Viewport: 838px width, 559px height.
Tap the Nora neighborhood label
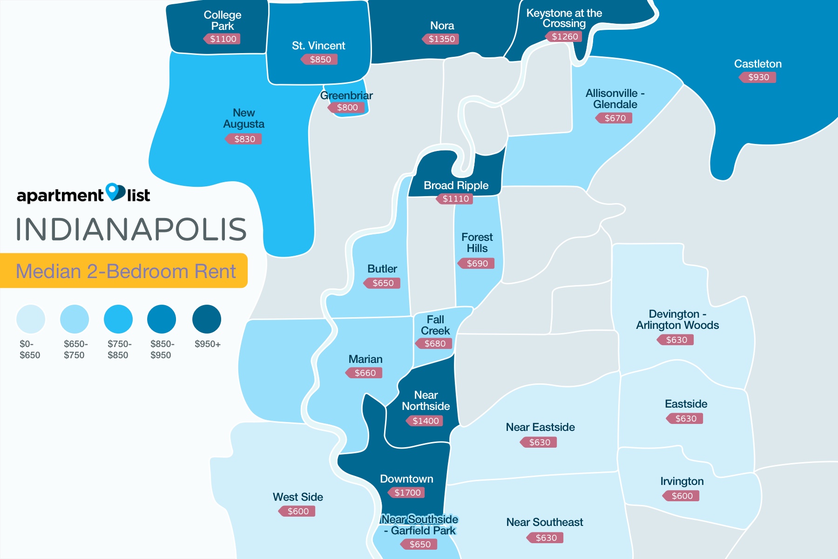pyautogui.click(x=442, y=26)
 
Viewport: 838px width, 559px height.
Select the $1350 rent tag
pyautogui.click(x=441, y=39)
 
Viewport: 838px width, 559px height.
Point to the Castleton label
pyautogui.click(x=757, y=64)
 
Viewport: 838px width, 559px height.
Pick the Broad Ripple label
pyautogui.click(x=456, y=185)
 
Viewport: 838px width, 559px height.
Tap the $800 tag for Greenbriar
pyautogui.click(x=347, y=108)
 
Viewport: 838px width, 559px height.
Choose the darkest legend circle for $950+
pyautogui.click(x=207, y=319)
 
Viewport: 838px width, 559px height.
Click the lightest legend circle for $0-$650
pyautogui.click(x=31, y=319)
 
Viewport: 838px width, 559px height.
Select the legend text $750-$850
pyautogui.click(x=119, y=349)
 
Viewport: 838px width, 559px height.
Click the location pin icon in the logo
pyautogui.click(x=115, y=191)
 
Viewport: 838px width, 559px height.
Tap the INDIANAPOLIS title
pyautogui.click(x=131, y=229)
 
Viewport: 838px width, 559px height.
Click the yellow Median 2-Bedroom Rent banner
pyautogui.click(x=124, y=271)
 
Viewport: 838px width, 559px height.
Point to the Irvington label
pyautogui.click(x=682, y=481)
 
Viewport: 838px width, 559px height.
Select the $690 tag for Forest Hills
pyautogui.click(x=477, y=264)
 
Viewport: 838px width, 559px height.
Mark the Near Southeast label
pyautogui.click(x=544, y=522)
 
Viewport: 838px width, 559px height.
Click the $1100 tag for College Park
pyautogui.click(x=223, y=39)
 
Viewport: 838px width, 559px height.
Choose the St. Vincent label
pyautogui.click(x=318, y=46)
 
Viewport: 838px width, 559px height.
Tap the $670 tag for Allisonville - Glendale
pyautogui.click(x=615, y=118)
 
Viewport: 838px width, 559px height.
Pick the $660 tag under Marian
pyautogui.click(x=365, y=373)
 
